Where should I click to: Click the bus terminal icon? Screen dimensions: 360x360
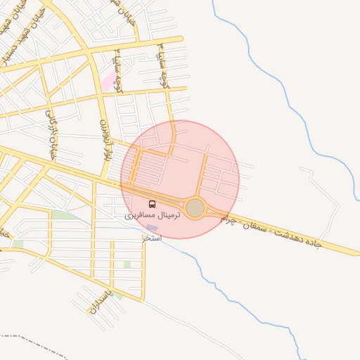153,204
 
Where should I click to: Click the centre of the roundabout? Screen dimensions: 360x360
195,208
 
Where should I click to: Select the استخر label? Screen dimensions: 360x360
152,238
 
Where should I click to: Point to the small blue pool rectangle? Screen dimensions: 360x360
152,228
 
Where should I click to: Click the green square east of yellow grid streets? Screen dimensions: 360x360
127,264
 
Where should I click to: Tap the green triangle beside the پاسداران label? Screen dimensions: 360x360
120,297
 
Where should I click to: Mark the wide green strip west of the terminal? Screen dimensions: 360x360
65,215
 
